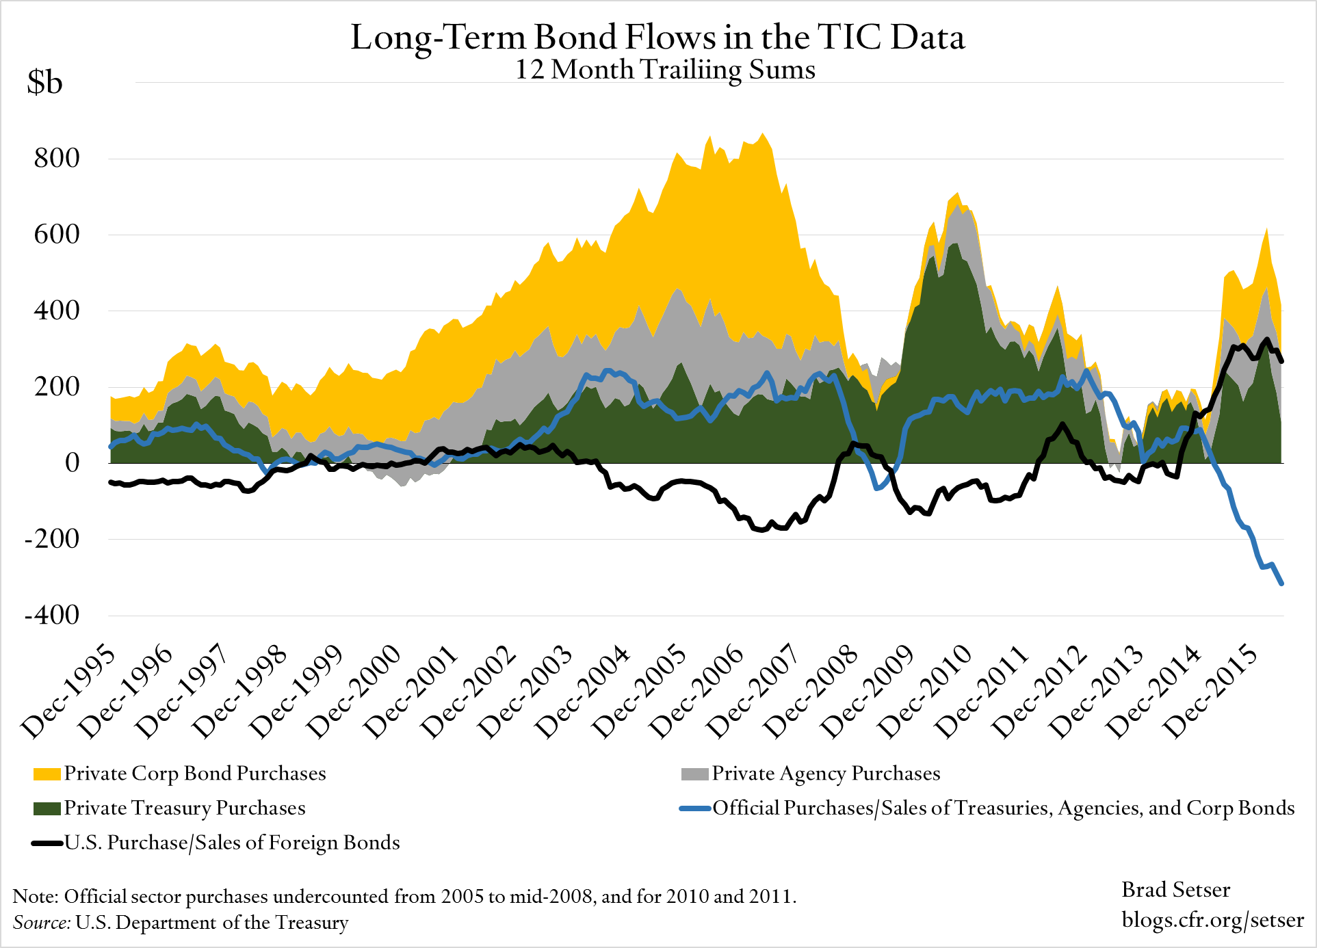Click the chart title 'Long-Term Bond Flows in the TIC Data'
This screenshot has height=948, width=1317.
657,37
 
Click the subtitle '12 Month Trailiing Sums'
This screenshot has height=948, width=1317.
665,70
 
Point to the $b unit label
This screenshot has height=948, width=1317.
44,83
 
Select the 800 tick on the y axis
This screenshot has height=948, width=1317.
57,158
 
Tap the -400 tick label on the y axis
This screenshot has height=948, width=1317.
52,615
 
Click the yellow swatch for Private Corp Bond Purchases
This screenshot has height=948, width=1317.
47,774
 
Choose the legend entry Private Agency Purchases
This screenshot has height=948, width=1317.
826,774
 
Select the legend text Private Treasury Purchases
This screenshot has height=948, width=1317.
185,808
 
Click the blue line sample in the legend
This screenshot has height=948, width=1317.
694,809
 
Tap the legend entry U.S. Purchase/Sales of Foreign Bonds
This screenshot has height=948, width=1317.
232,843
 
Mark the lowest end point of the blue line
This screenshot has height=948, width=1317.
1281,583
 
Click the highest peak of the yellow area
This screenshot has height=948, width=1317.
763,134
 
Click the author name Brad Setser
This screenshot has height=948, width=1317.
1175,890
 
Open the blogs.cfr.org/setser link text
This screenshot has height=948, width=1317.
1212,920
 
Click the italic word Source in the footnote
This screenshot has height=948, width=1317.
41,923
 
